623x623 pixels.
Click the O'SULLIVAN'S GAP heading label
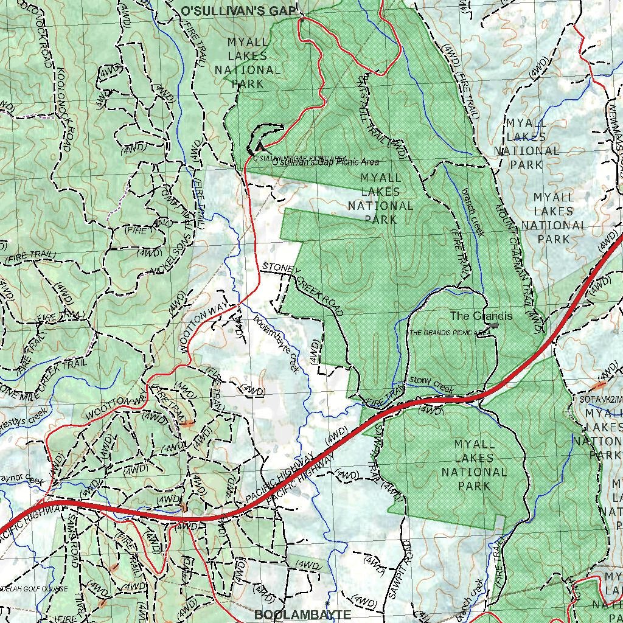pos(238,11)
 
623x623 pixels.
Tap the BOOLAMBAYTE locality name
pos(302,614)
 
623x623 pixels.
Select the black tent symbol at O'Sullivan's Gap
pos(260,146)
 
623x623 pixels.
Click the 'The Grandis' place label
pos(481,316)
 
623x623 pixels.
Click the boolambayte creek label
pos(277,344)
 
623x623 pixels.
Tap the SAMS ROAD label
pos(72,538)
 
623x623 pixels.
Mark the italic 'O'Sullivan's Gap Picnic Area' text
pos(325,162)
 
